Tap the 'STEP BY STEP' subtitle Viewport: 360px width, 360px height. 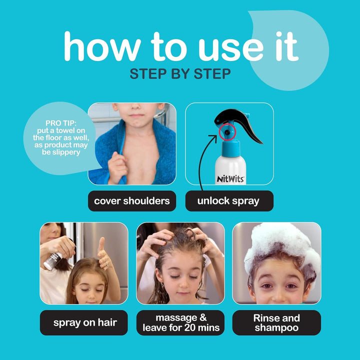(x=180, y=74)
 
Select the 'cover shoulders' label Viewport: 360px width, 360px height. (x=132, y=201)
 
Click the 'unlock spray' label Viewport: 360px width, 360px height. (x=228, y=201)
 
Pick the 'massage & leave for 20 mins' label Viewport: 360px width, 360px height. (x=180, y=322)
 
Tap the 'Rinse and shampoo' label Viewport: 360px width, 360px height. (x=276, y=322)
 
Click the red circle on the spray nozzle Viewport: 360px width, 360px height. (x=226, y=131)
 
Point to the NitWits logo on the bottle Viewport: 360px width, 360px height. (x=229, y=177)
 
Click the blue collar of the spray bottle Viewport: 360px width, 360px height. (x=229, y=148)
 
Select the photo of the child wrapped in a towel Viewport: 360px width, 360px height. (x=132, y=143)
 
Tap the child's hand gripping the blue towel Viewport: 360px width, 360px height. (x=117, y=167)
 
